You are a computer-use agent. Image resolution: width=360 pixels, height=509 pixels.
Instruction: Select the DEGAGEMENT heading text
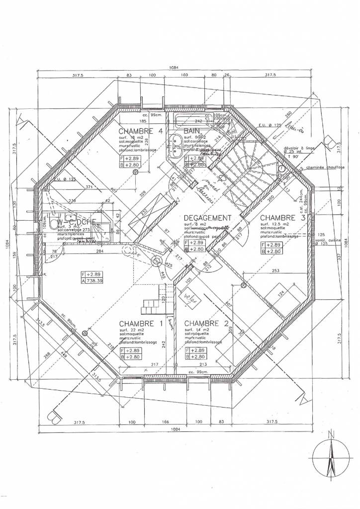(207, 218)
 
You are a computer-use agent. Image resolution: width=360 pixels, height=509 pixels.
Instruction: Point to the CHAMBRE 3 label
(279, 218)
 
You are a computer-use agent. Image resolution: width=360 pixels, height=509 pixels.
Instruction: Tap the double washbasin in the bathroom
(175, 146)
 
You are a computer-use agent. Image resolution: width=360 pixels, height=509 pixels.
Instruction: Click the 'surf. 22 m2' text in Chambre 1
(130, 330)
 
